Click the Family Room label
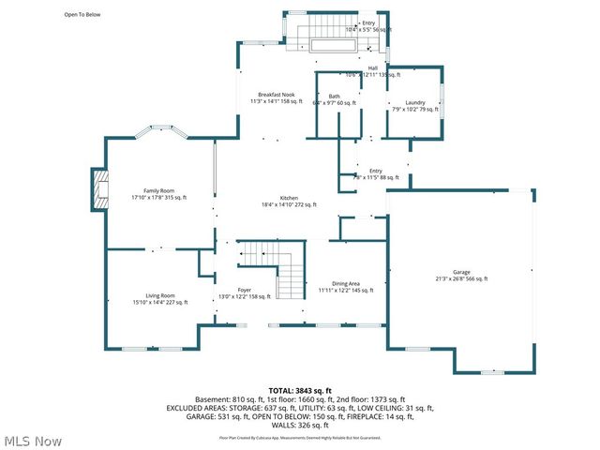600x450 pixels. pyautogui.click(x=159, y=190)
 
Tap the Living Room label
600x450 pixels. pyautogui.click(x=159, y=295)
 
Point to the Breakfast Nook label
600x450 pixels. pyautogui.click(x=277, y=95)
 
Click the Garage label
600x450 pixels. pyautogui.click(x=460, y=272)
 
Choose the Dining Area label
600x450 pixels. pyautogui.click(x=346, y=284)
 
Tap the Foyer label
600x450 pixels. pyautogui.click(x=244, y=290)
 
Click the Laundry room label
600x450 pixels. pyautogui.click(x=415, y=102)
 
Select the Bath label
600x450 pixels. pyautogui.click(x=334, y=97)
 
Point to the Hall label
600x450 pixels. pyautogui.click(x=372, y=67)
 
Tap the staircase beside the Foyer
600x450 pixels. pyautogui.click(x=281, y=265)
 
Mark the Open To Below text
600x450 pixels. pyautogui.click(x=82, y=15)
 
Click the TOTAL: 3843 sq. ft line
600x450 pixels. pyautogui.click(x=300, y=390)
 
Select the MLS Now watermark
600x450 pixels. pyautogui.click(x=34, y=441)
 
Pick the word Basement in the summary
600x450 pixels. pyautogui.click(x=213, y=399)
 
